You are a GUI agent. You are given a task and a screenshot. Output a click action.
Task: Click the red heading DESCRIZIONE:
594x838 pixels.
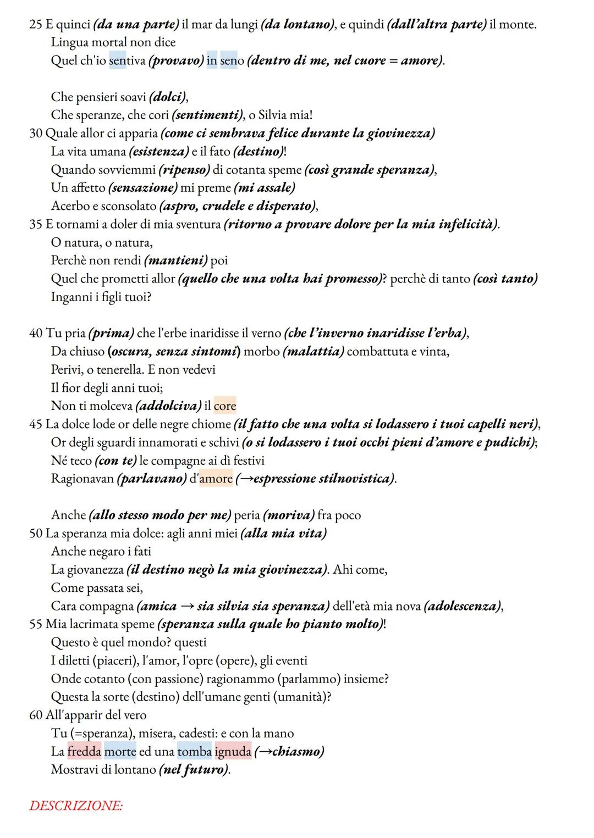click(76, 806)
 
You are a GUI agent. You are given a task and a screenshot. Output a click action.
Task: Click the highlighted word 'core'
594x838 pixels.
click(225, 406)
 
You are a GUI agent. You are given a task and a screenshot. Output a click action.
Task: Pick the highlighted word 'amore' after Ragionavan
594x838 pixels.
click(216, 479)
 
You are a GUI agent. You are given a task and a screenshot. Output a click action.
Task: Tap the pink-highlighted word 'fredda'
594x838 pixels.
click(85, 751)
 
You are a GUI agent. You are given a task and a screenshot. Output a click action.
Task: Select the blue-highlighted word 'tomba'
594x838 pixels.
click(195, 751)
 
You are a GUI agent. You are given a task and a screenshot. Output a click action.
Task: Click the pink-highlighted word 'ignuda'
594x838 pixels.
click(233, 751)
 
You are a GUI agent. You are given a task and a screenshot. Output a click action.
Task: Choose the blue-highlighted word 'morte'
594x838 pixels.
click(120, 751)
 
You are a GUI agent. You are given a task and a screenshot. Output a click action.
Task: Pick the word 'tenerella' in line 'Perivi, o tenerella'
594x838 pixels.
click(119, 369)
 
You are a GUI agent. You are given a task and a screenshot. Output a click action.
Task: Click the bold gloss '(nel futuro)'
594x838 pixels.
click(194, 769)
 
